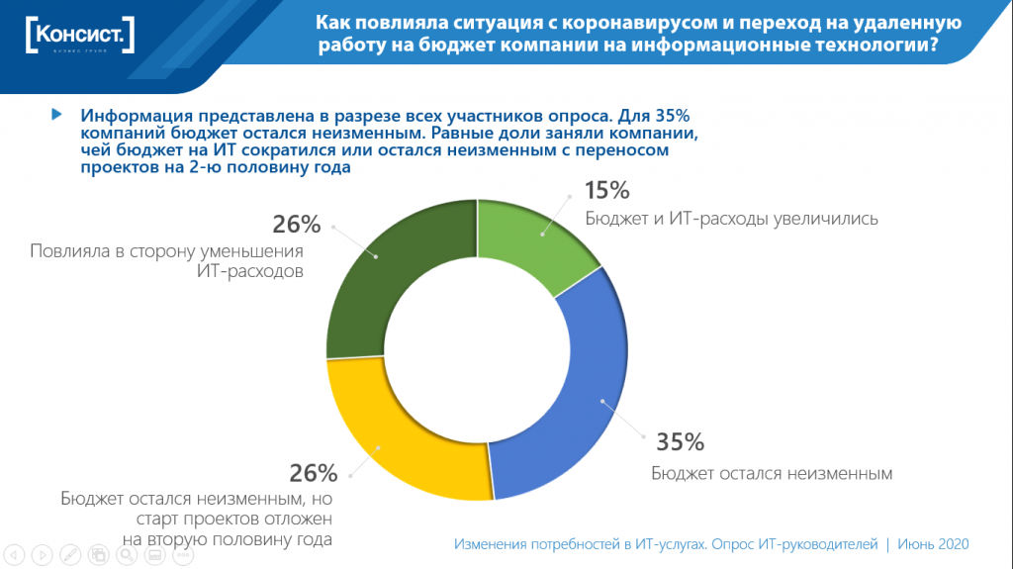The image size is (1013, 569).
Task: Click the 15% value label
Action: [606, 191]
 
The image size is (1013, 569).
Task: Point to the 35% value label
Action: [678, 441]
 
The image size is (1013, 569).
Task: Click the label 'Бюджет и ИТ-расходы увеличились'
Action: [731, 218]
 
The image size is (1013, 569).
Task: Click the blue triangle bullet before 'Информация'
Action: [56, 114]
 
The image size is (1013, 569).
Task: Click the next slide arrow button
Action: [44, 554]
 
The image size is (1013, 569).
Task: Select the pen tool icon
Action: [71, 554]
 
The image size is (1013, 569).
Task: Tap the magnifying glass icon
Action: [127, 554]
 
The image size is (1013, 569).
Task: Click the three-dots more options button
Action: [183, 554]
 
